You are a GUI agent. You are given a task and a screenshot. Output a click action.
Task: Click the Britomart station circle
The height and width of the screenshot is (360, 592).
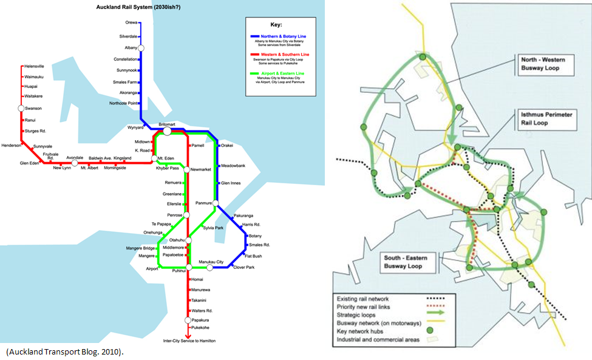point(167,131)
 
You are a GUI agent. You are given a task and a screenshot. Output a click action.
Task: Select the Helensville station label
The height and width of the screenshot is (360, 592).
point(35,66)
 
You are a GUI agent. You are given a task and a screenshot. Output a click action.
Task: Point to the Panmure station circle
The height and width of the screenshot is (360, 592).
point(216,204)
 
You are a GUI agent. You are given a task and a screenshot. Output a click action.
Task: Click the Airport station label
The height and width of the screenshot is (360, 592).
point(152,268)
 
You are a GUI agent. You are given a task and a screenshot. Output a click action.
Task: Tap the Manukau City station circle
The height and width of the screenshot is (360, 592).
point(209,267)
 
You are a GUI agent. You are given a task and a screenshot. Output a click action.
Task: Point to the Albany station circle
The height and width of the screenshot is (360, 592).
point(141,47)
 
